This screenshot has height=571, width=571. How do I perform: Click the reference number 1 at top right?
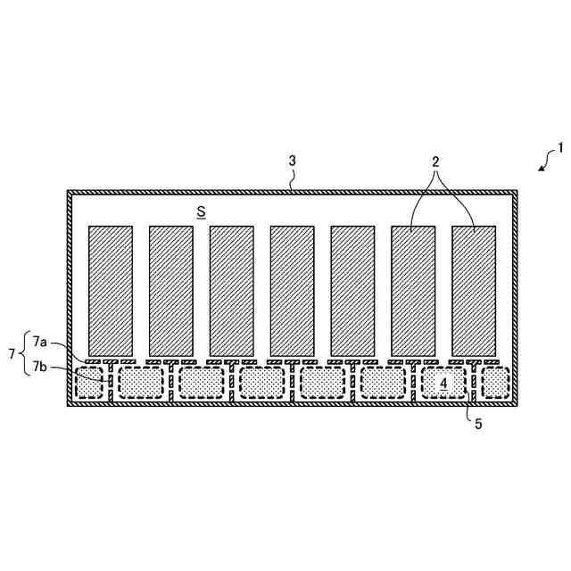click(x=560, y=147)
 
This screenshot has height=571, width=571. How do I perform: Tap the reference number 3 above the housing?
click(x=292, y=161)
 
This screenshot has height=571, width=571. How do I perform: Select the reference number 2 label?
click(x=435, y=162)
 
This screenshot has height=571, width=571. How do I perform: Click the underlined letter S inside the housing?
click(x=202, y=211)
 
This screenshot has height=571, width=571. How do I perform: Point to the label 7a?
click(x=40, y=342)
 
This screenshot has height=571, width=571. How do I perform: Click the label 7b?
click(x=40, y=366)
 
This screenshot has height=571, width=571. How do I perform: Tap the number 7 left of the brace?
click(x=12, y=354)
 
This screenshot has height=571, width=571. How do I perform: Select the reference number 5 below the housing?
click(x=478, y=425)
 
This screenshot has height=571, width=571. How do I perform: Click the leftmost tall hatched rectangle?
click(x=111, y=290)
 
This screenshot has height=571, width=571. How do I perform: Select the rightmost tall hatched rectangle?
click(x=474, y=290)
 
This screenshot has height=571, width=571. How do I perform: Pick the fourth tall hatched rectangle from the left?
click(x=292, y=290)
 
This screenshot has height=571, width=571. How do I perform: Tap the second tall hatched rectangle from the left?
click(x=170, y=290)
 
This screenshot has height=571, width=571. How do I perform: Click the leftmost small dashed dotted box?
click(x=89, y=383)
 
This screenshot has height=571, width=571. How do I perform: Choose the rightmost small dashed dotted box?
click(x=496, y=383)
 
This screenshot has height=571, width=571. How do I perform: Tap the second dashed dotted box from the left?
click(x=141, y=383)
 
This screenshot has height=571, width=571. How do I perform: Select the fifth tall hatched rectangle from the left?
click(x=352, y=290)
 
